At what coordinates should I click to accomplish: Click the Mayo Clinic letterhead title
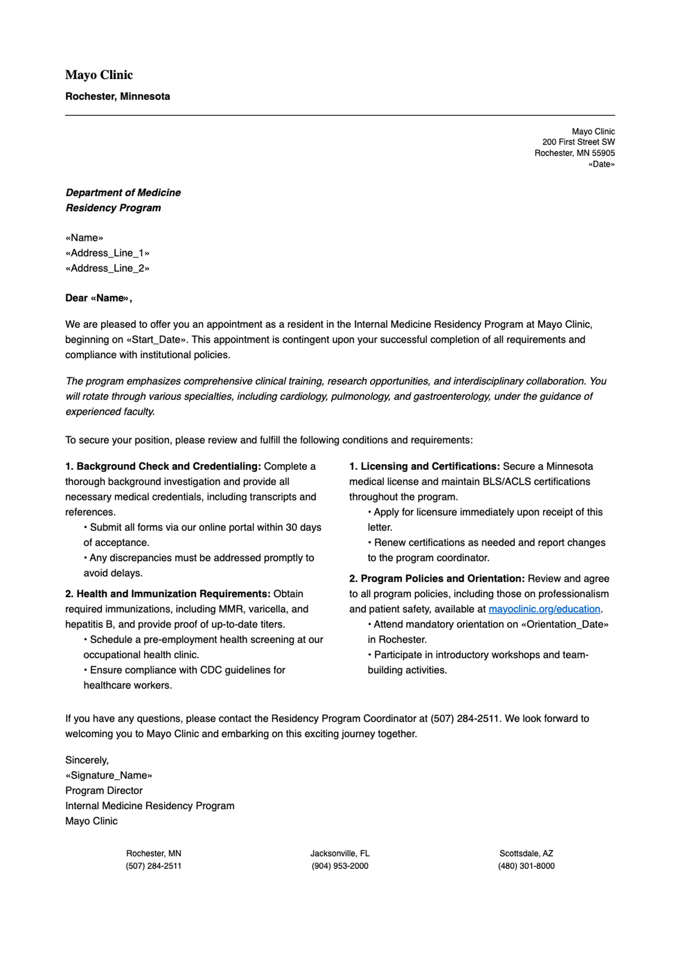[99, 75]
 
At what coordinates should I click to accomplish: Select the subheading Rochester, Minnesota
[117, 96]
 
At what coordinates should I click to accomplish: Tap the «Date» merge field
[602, 165]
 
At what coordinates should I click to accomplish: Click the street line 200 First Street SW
[578, 142]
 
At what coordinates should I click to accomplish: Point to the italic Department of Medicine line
[123, 193]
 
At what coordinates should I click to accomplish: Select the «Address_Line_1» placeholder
[107, 253]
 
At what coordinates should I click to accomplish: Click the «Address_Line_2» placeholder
[107, 268]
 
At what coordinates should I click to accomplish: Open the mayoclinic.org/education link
[544, 609]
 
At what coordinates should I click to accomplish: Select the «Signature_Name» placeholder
[108, 776]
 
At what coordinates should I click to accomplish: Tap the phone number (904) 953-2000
[340, 867]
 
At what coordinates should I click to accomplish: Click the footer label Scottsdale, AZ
[526, 853]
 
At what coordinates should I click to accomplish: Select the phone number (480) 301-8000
[526, 867]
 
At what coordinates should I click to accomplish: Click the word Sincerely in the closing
[86, 760]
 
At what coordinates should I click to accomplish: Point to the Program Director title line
[104, 791]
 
